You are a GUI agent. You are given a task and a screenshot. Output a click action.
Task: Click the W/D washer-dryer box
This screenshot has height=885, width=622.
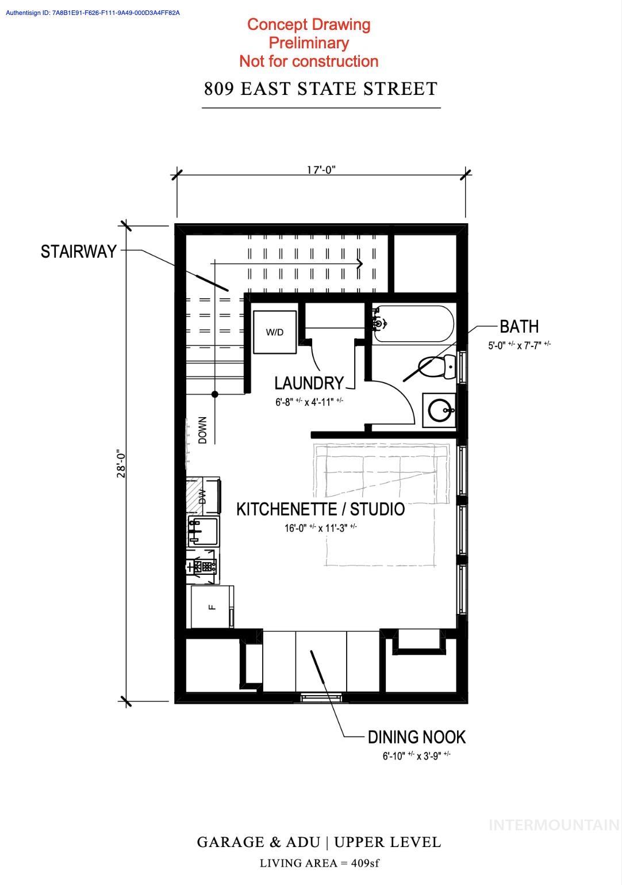275,332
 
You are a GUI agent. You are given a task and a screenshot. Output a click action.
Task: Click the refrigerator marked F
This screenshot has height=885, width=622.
212,606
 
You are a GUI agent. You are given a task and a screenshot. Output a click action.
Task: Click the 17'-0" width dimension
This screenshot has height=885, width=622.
321,170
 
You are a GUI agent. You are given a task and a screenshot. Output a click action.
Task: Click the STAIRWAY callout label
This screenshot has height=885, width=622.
79,251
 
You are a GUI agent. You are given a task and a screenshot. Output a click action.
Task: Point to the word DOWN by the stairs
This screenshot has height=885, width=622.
202,430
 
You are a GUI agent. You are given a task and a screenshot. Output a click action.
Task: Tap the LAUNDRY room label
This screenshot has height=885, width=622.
309,383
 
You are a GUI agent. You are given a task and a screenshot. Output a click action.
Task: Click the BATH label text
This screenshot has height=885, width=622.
519,326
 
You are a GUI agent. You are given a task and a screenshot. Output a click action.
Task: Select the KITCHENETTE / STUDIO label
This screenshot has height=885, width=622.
321,509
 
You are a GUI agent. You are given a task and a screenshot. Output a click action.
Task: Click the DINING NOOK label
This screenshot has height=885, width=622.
416,737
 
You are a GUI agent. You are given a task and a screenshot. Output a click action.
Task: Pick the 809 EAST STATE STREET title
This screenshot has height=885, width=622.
321,89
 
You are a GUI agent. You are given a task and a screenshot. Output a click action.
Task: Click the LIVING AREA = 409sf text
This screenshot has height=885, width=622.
319,863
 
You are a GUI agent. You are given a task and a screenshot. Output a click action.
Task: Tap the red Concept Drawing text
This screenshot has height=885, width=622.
309,25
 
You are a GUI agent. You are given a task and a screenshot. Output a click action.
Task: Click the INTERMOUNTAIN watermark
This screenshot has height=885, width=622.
554,825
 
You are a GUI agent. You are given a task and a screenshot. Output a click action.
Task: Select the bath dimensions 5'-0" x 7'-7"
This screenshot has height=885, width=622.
519,345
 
